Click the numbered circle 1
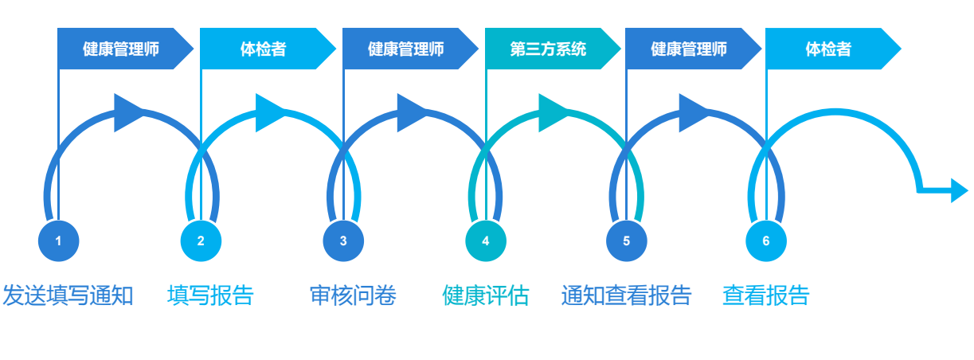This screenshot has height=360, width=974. (x=58, y=241)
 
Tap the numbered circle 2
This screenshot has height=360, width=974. (x=201, y=241)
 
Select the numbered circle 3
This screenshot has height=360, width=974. (x=343, y=241)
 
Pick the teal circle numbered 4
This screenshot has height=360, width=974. (x=486, y=241)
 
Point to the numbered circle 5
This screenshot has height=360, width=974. (x=626, y=241)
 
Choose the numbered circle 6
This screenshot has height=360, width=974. (x=766, y=241)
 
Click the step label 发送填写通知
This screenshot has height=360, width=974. (x=68, y=295)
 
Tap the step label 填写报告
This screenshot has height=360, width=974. (x=210, y=295)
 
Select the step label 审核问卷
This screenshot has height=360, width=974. (x=353, y=295)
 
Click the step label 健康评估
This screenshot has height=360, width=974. (x=486, y=295)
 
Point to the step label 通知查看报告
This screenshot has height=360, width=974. (x=626, y=295)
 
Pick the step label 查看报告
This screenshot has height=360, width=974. (x=766, y=295)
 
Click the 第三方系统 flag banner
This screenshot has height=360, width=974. (x=550, y=49)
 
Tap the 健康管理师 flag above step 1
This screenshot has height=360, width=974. (x=122, y=49)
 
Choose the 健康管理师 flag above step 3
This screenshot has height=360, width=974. (x=407, y=49)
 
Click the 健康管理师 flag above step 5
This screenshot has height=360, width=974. (x=690, y=49)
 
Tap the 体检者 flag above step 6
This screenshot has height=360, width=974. (x=829, y=49)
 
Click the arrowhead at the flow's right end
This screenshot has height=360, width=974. (x=959, y=191)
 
